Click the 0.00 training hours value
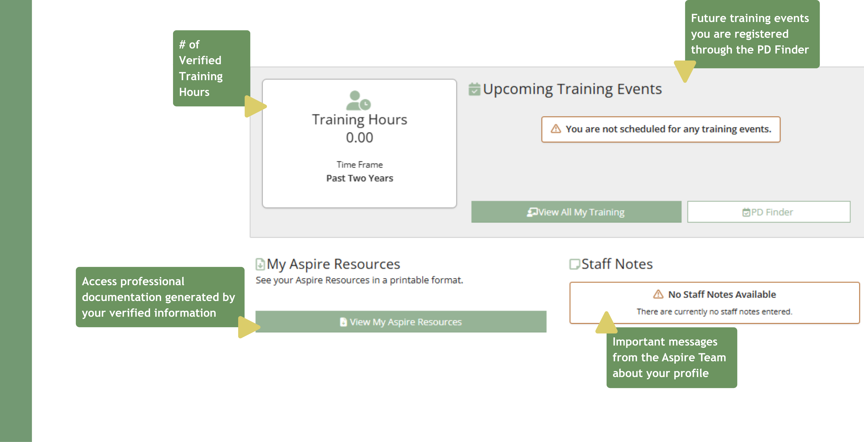pos(359,138)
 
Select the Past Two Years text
pos(359,178)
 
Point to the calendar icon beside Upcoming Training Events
pos(474,89)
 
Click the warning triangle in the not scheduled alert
pos(555,129)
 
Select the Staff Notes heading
pos(617,264)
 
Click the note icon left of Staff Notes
pos(574,264)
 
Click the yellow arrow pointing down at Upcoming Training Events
pos(685,70)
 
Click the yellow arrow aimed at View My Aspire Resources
pos(247,327)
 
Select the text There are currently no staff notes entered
pos(714,312)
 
